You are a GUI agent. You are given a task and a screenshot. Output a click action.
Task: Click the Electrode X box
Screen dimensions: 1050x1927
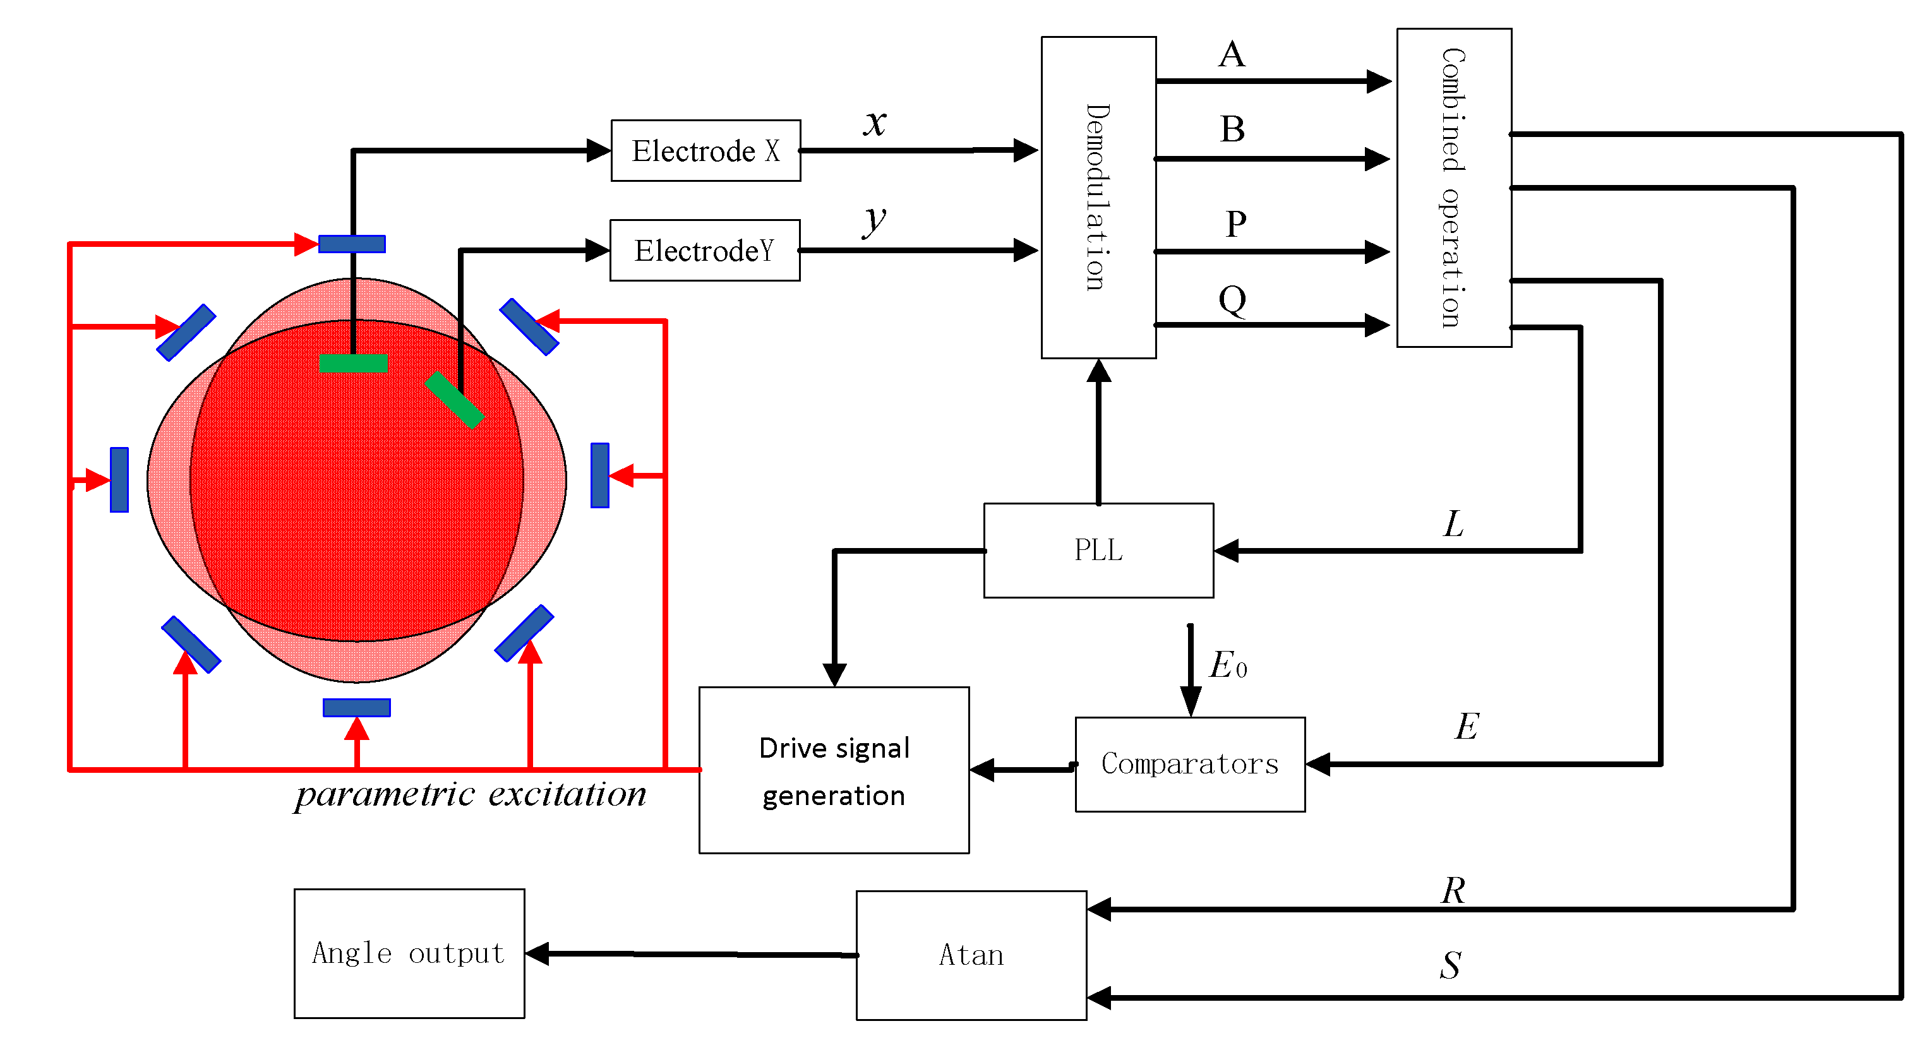(x=705, y=150)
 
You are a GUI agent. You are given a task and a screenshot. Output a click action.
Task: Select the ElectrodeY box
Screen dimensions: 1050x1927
(x=705, y=251)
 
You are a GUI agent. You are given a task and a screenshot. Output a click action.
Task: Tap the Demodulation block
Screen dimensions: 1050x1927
(x=1098, y=198)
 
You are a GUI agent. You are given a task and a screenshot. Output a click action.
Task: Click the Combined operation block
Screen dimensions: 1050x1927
(x=1453, y=188)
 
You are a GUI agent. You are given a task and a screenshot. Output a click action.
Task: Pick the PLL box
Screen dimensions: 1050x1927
(x=1098, y=551)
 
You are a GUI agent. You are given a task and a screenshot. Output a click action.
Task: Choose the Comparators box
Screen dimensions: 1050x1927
(x=1189, y=765)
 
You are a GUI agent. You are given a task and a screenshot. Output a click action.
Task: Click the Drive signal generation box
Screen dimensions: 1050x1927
(x=834, y=770)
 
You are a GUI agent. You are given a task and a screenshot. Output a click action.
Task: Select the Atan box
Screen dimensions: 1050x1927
(x=971, y=955)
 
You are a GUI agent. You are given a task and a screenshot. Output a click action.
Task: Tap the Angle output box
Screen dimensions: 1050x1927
(x=409, y=953)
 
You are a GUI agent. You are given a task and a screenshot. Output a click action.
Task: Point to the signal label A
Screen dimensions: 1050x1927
(x=1232, y=54)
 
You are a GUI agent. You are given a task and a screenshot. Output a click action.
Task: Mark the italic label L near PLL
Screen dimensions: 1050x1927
(x=1453, y=524)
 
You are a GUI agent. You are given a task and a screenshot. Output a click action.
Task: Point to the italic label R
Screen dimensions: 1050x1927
(x=1453, y=891)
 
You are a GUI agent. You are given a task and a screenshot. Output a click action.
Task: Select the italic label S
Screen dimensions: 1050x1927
(x=1451, y=965)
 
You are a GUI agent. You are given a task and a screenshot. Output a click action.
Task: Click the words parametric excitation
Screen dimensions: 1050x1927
(x=471, y=794)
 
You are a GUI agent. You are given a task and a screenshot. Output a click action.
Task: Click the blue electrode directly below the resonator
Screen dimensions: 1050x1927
(x=357, y=708)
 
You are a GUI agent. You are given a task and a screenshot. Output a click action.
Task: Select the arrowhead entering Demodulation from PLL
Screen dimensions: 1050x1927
(x=1098, y=371)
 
